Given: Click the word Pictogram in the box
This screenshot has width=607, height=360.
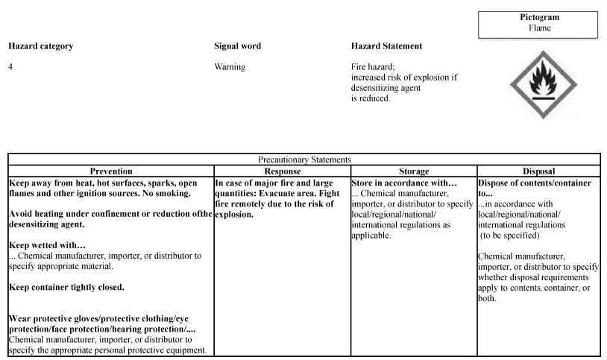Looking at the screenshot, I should (x=539, y=17).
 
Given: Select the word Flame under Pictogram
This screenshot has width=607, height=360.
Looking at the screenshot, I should (x=539, y=28).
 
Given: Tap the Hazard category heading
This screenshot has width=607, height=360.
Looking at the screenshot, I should (x=40, y=46).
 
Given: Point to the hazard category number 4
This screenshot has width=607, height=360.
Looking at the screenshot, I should (x=10, y=66).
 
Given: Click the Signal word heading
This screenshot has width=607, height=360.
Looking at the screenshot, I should (x=237, y=46).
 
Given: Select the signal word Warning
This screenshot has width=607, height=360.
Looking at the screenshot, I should (x=230, y=66).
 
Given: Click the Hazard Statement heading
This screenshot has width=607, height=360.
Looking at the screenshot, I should (x=386, y=46).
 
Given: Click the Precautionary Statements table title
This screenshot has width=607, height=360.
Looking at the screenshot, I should (x=304, y=160).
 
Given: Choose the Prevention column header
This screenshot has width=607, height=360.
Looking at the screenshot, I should (x=110, y=171).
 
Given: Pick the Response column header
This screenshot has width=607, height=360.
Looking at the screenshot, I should (x=282, y=171).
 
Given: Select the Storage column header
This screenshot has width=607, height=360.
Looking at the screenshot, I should (x=413, y=171).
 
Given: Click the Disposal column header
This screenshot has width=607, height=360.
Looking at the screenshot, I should (x=538, y=171).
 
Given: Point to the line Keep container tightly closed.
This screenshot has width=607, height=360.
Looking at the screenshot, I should (x=66, y=287).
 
